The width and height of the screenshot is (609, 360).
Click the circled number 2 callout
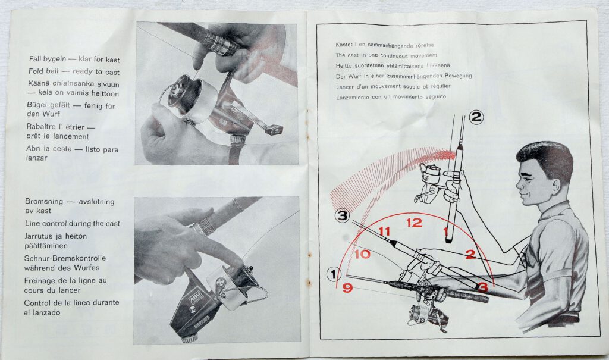[x=476, y=117]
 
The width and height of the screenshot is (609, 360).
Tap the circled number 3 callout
[x=342, y=215]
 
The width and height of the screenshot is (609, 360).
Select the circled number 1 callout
[x=334, y=274]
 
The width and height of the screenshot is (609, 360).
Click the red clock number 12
[x=414, y=223]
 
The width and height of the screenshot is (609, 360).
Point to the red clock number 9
[x=347, y=288]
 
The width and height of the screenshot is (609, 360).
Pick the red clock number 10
[x=362, y=255]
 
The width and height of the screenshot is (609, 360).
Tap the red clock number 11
[x=384, y=231]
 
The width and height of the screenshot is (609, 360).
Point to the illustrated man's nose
[x=519, y=184]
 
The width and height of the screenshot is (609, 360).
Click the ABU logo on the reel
[x=194, y=298]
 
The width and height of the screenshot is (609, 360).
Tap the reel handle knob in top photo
[x=274, y=130]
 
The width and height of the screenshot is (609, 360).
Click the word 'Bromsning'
[x=44, y=201]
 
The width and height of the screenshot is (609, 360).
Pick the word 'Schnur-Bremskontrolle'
[x=65, y=258]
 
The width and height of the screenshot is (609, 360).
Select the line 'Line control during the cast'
[x=73, y=224]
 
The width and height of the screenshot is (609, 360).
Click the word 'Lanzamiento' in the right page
[x=352, y=97]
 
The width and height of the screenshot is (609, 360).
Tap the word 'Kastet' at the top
[x=344, y=45]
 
